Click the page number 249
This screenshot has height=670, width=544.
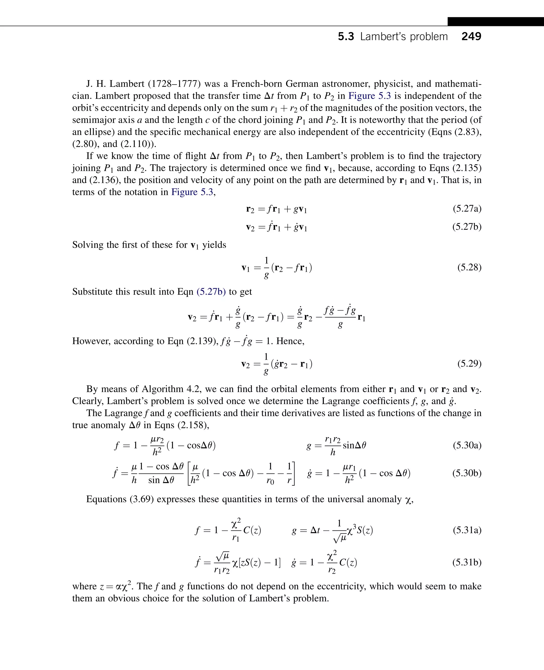coord(471,36)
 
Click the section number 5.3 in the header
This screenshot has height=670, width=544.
coord(346,37)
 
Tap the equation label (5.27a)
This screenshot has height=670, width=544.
coord(467,208)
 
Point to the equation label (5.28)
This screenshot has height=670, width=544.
coord(469,267)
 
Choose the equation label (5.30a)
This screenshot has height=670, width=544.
coord(467,445)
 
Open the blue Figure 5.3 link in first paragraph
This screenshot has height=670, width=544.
coord(369,96)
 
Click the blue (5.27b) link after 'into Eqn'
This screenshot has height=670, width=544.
coord(211,292)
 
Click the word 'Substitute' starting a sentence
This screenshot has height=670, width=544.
coord(92,292)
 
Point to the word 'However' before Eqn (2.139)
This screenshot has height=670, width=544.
coord(91,341)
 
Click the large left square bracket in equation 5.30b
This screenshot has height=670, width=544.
coord(189,473)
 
